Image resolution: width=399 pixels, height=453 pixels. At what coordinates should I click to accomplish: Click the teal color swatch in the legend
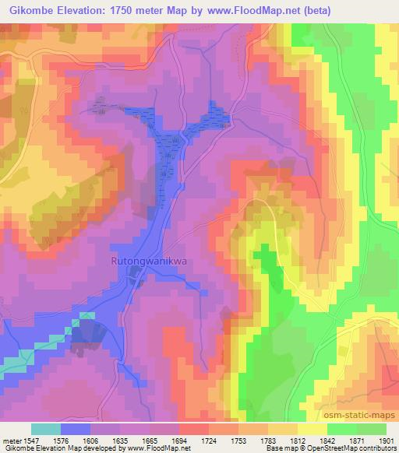click(46, 428)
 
